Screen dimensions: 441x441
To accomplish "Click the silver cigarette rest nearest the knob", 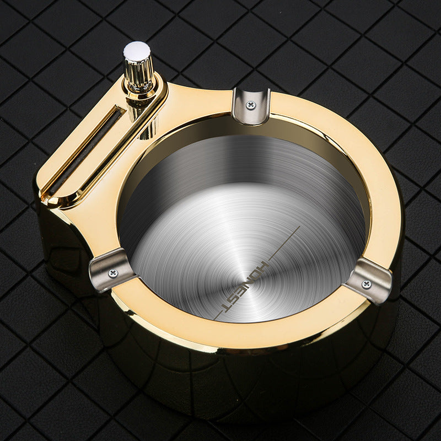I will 251,105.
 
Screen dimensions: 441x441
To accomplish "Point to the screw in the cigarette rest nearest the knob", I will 251,104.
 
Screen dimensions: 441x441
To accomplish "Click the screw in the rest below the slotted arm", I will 114,273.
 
